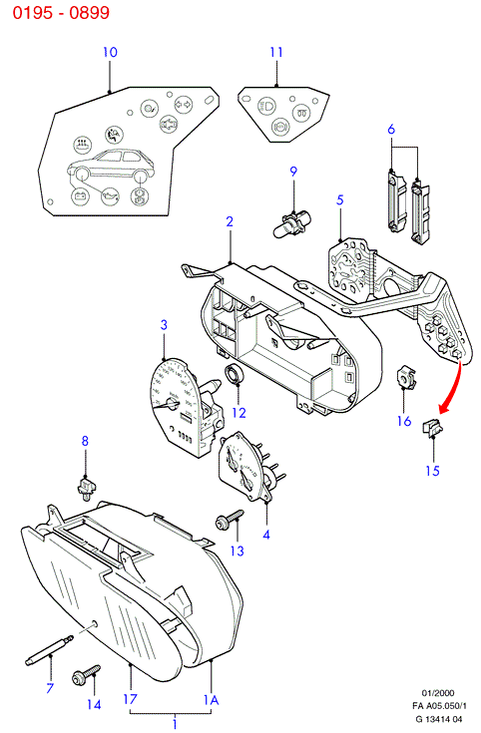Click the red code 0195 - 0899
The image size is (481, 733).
pyautogui.click(x=61, y=13)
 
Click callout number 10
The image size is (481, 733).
pyautogui.click(x=110, y=52)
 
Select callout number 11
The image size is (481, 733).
pyautogui.click(x=276, y=52)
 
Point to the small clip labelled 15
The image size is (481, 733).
pyautogui.click(x=433, y=428)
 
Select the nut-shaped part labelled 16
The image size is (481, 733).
pyautogui.click(x=406, y=378)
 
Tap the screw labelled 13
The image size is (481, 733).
pyautogui.click(x=230, y=520)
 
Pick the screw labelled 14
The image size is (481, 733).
pyautogui.click(x=87, y=674)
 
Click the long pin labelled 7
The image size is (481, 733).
pyautogui.click(x=49, y=649)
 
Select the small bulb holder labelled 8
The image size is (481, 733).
pyautogui.click(x=86, y=487)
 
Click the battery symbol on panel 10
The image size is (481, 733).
pyautogui.click(x=80, y=195)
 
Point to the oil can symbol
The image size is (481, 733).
pyautogui.click(x=110, y=196)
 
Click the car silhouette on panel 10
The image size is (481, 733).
pyautogui.click(x=111, y=167)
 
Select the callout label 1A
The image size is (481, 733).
pyautogui.click(x=211, y=700)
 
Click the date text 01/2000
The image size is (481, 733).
pyautogui.click(x=438, y=693)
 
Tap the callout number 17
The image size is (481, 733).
pyautogui.click(x=130, y=699)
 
